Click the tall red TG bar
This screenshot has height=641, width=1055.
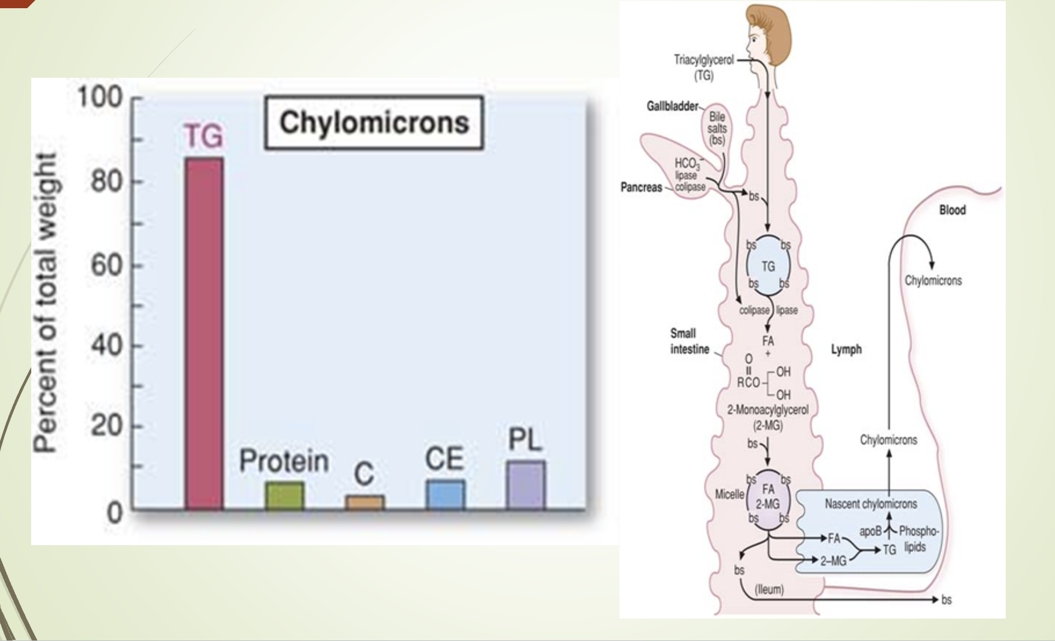204,334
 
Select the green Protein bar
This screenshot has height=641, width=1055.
284,496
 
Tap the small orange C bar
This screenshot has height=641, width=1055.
365,503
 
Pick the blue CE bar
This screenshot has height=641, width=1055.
445,495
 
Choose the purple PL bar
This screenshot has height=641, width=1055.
526,485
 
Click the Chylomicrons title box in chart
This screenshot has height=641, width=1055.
374,123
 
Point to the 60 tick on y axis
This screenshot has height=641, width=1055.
107,266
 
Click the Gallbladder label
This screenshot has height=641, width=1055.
672,106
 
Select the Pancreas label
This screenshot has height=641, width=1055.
641,187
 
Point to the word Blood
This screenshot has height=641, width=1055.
952,210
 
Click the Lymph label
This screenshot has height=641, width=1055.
846,349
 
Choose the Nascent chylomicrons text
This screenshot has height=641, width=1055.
870,503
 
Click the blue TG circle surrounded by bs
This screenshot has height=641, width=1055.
768,266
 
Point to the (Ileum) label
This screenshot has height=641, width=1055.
769,590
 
